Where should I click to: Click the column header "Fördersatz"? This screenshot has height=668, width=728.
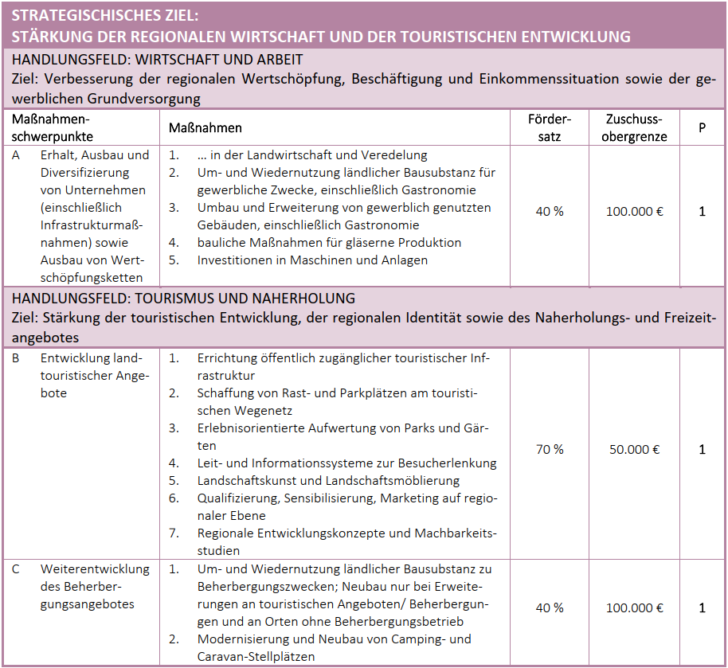[x=550, y=127]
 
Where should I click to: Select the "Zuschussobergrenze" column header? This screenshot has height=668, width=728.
[x=634, y=127]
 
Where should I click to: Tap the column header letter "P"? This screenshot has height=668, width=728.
[x=702, y=127]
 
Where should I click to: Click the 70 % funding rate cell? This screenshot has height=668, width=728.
[x=550, y=449]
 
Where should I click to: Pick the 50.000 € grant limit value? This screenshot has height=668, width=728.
[x=634, y=449]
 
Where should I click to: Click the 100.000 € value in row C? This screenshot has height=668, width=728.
[x=634, y=607]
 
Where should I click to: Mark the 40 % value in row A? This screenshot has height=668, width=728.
[x=550, y=212]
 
